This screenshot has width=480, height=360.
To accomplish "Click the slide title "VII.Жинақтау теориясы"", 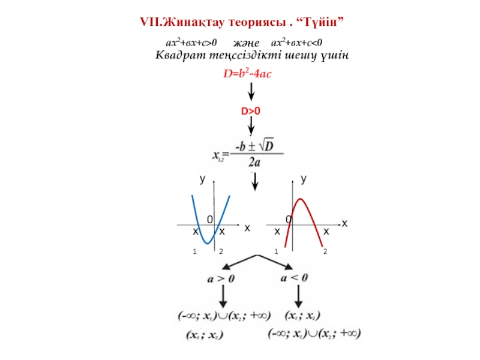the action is pos(242,22).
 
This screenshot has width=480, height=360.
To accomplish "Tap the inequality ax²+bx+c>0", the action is pos(191,43).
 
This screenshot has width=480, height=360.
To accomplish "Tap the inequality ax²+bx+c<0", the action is pos(298,43).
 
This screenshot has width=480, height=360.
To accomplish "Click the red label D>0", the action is pos(251,112).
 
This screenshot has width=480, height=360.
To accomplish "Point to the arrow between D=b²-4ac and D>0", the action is pos(251,92).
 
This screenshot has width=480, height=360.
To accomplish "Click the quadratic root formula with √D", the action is pos(247,154).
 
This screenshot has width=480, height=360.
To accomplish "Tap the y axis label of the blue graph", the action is pos(203,179).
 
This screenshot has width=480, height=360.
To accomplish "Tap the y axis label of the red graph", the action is pos(304,179).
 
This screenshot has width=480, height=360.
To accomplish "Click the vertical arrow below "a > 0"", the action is pos(223,296).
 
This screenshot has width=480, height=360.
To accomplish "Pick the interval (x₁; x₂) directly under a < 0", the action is pos(302,316).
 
